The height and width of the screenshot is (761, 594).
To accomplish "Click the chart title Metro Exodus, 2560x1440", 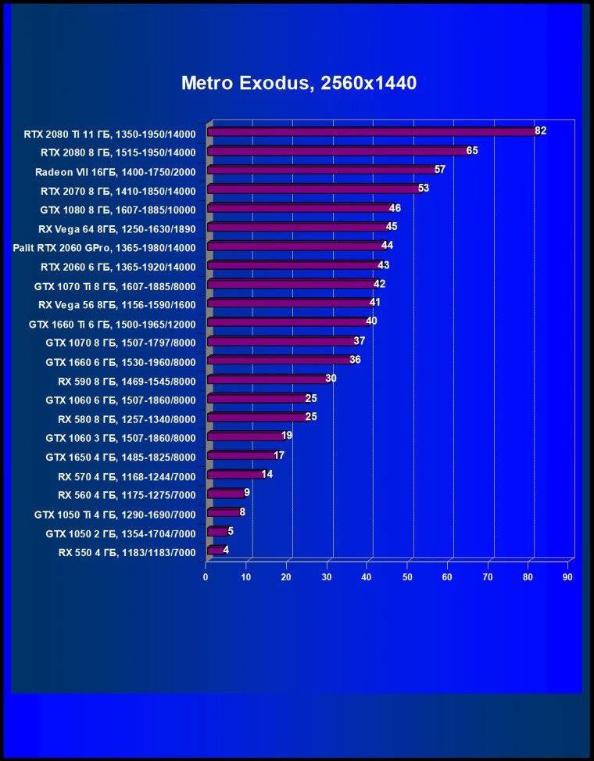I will click(x=299, y=83).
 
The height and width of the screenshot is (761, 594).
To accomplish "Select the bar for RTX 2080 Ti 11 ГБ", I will click(x=370, y=132).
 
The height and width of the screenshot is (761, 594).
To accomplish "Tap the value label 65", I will click(x=472, y=150).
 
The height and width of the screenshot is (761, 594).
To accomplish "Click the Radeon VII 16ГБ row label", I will click(x=115, y=171).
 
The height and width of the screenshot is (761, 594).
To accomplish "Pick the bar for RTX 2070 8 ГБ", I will click(x=313, y=189).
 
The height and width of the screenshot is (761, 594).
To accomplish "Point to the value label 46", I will click(x=395, y=208).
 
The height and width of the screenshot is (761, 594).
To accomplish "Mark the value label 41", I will click(x=375, y=303).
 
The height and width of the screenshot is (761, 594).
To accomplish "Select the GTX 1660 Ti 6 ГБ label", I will click(x=112, y=324).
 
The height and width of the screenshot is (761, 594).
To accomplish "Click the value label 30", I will click(x=331, y=379).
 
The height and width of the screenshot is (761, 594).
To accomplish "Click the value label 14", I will click(x=267, y=474).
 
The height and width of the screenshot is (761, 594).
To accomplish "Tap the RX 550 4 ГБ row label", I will click(x=126, y=552).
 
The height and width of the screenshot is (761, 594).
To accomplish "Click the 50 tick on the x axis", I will click(x=407, y=577).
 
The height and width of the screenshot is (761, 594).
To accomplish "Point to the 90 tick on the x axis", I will click(x=567, y=577).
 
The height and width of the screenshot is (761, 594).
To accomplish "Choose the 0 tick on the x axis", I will click(x=206, y=577).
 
